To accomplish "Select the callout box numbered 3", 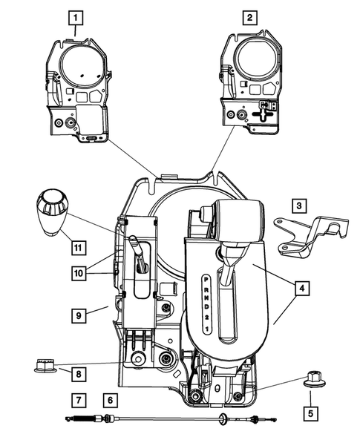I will click(299, 205).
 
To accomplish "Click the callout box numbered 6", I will click(110, 400).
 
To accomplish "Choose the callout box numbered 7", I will click(78, 400).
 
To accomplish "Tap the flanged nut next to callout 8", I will click(45, 366).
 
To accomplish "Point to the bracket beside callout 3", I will click(307, 233).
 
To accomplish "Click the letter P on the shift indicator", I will click(206, 277).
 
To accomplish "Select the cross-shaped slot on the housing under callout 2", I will click(261, 116).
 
